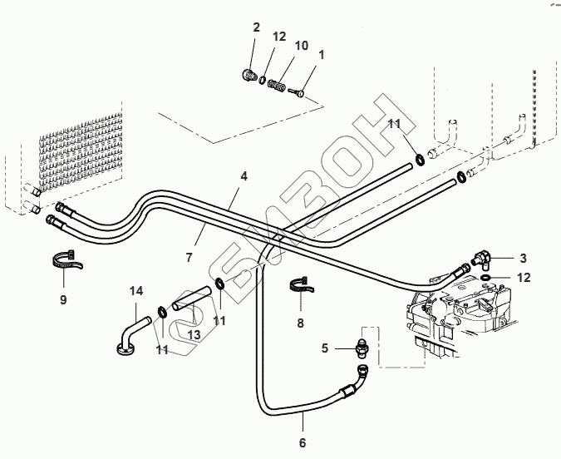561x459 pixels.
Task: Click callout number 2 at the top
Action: (x=257, y=27)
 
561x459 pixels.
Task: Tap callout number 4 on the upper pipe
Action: (x=244, y=176)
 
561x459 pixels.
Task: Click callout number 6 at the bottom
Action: (x=302, y=442)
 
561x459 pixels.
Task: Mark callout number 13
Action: (x=194, y=333)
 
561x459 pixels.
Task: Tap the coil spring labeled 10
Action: (x=280, y=84)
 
